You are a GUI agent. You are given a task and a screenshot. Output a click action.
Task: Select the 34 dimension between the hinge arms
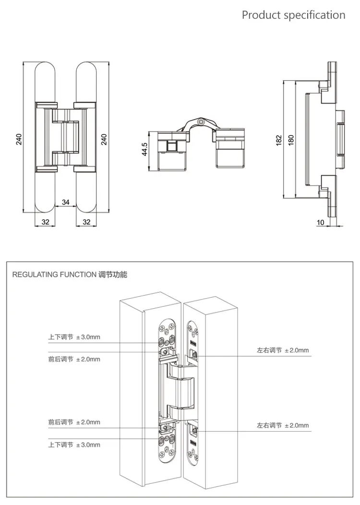[x=66, y=202]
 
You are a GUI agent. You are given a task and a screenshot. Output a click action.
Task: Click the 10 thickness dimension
[x=320, y=222]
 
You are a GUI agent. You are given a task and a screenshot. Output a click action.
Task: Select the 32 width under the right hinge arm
[x=87, y=222]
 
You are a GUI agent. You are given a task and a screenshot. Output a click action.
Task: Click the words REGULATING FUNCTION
[x=53, y=275]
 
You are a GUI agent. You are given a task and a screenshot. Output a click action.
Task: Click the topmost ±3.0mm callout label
[x=74, y=337]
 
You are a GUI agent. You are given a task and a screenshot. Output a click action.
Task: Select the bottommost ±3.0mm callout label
[x=74, y=445]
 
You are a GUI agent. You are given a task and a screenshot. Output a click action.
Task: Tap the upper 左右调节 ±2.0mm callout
[x=283, y=350]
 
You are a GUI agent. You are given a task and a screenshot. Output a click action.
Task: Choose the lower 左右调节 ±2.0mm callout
[x=283, y=425]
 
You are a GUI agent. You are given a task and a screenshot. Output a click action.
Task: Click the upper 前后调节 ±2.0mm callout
[x=74, y=359]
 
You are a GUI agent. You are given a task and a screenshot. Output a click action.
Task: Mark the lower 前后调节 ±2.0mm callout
[x=74, y=422]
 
